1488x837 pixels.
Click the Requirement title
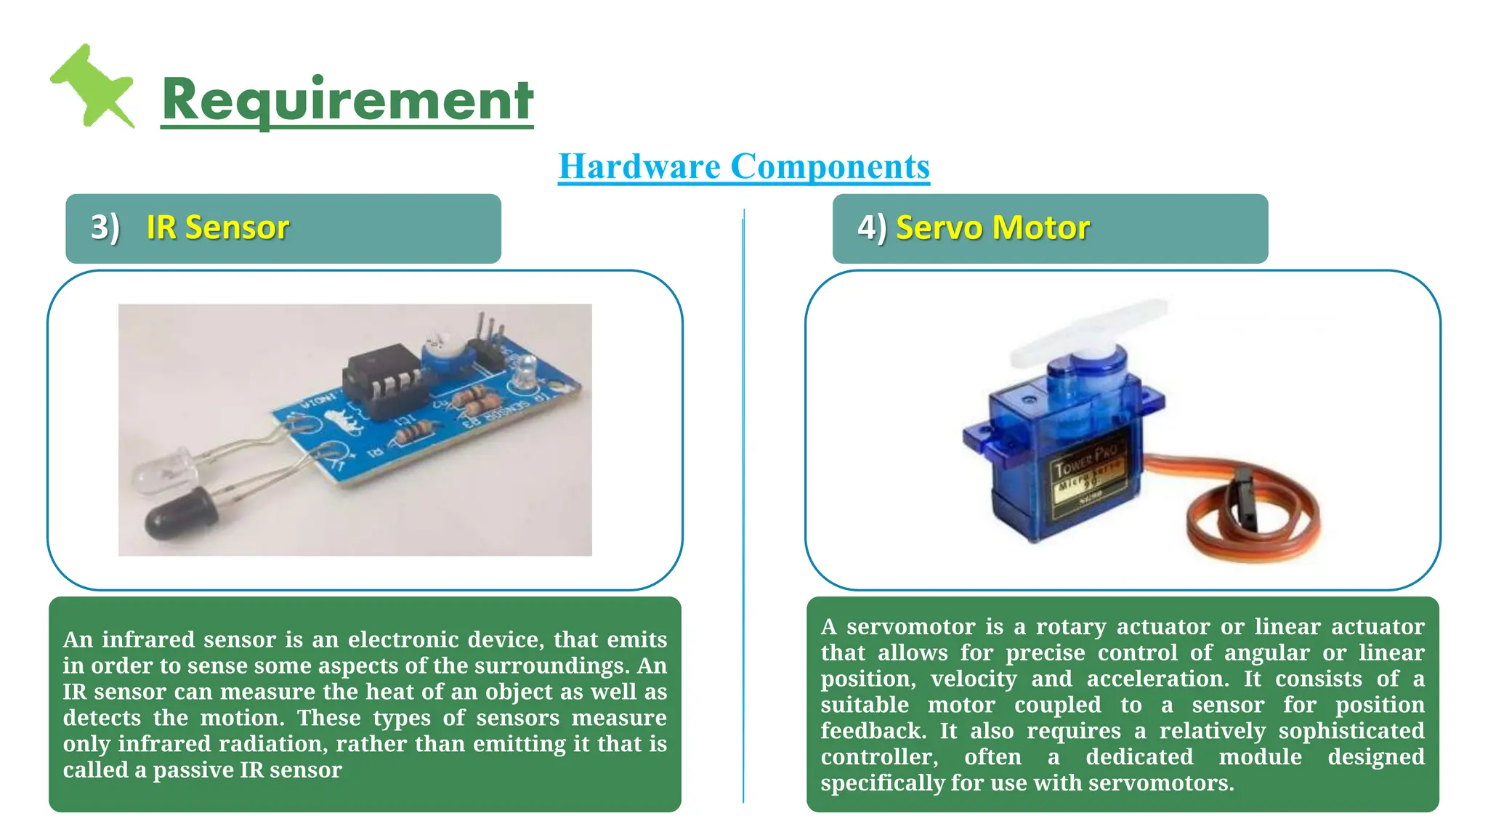pos(347,100)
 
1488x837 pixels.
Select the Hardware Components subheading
pos(743,166)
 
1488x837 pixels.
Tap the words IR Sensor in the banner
pos(217,227)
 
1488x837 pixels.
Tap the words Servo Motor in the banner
pos(992,228)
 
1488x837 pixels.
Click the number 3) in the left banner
pos(105,227)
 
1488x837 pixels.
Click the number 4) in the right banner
pos(872,227)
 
